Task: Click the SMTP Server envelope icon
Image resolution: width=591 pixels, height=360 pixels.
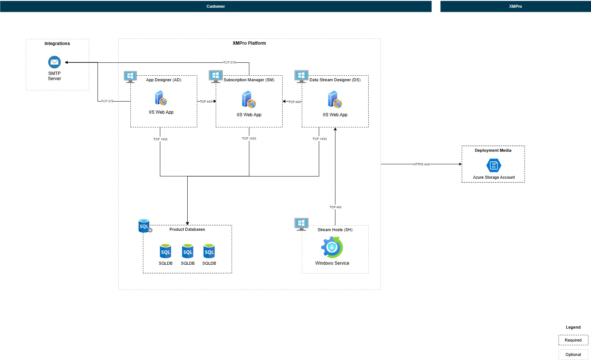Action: point(54,62)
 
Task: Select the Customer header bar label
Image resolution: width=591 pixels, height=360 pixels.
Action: point(216,6)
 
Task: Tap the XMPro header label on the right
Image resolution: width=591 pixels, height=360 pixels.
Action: point(515,6)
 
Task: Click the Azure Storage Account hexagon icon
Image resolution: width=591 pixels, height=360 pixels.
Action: point(493,165)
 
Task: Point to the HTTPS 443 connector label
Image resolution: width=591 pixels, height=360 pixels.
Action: point(421,164)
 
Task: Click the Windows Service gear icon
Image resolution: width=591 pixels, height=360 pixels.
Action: point(332,247)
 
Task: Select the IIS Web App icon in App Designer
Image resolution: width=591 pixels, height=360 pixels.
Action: point(161,99)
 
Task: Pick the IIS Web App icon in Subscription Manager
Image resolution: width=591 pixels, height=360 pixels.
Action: point(249,100)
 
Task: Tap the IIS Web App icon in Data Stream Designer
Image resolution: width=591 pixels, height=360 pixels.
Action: point(335,99)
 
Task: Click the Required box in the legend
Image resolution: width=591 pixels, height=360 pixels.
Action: point(573,340)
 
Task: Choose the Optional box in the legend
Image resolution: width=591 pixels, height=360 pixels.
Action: point(573,354)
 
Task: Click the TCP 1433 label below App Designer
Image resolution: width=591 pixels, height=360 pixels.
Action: point(160,139)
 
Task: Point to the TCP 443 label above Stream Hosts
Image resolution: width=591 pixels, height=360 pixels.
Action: point(335,207)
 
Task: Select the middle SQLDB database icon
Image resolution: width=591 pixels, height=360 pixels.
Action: point(188,251)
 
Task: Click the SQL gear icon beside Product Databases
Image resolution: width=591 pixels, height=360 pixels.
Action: point(145,226)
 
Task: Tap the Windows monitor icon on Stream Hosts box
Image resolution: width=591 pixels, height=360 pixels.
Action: point(301,224)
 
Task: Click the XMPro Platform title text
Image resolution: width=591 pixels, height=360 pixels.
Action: point(249,43)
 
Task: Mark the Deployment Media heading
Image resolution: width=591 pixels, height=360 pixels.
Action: point(493,150)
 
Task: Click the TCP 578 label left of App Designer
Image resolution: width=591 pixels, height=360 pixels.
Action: point(107,101)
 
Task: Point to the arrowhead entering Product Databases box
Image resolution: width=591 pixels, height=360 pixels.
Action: point(187,223)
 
